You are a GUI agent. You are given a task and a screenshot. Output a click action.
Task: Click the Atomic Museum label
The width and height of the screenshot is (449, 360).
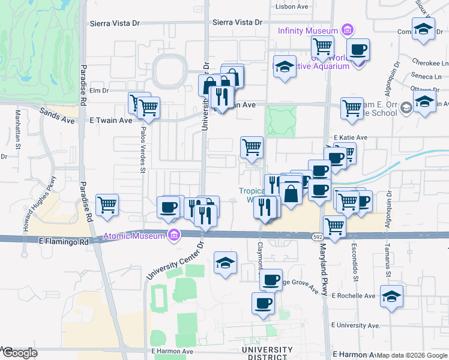(x=134, y=236)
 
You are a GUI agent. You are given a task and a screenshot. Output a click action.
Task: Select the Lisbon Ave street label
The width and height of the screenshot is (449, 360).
(x=291, y=7)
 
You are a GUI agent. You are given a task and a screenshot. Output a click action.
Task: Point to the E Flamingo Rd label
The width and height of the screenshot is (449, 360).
(x=62, y=241)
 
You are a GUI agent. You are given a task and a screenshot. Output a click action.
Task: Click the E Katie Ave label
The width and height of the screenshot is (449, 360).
(x=351, y=137)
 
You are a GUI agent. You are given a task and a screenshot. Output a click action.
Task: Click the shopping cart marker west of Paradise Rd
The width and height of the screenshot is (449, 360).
(x=107, y=205)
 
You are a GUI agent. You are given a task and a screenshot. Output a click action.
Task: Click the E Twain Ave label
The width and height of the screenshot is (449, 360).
(x=110, y=121)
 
